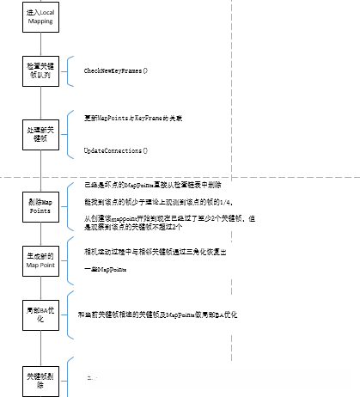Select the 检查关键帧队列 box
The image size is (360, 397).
point(40,70)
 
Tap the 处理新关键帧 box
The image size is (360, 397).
point(40,134)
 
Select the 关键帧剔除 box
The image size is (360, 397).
point(40,377)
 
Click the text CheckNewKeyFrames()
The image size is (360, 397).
point(115,69)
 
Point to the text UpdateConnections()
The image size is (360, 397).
point(115,150)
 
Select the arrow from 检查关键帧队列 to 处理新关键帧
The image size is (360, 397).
point(40,101)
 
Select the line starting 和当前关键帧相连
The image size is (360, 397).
point(156,315)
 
